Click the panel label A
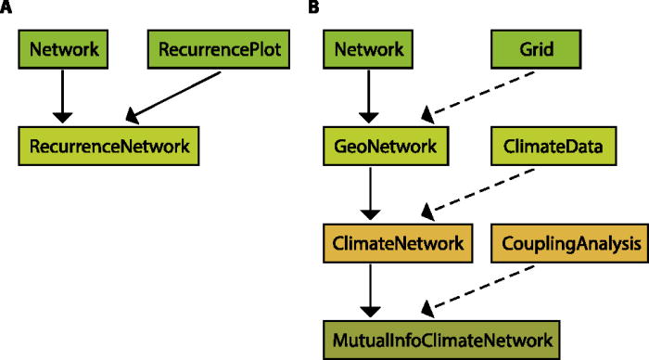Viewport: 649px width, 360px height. pos(6,7)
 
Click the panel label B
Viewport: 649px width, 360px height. pos(314,7)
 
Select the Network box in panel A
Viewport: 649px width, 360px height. pos(62,45)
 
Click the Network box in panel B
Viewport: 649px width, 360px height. pos(367,45)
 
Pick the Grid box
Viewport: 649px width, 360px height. pos(537,45)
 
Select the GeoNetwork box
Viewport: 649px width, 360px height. pos(380,146)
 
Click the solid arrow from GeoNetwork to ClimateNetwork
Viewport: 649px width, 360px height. pos(367,195)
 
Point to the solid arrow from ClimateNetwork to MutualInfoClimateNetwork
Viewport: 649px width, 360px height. pos(367,290)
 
